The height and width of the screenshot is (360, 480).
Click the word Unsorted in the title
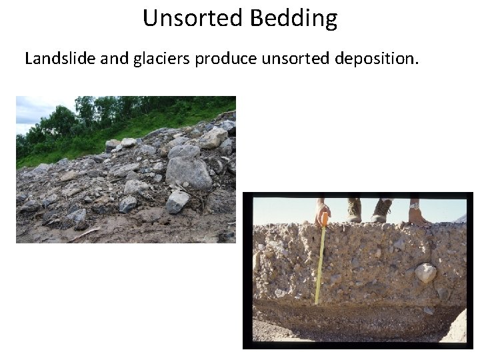tap(194, 18)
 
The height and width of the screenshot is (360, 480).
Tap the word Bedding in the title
tap(294, 19)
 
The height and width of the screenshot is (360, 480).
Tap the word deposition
tap(377, 59)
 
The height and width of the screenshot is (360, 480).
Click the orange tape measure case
tap(324, 219)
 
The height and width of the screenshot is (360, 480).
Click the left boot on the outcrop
tap(353, 210)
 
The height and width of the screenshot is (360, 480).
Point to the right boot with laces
tap(382, 210)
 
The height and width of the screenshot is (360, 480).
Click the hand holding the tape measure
tap(322, 211)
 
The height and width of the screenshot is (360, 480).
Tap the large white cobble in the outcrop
tap(425, 272)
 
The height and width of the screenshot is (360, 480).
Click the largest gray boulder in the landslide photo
tap(188, 171)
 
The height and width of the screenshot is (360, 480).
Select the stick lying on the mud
tap(83, 234)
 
